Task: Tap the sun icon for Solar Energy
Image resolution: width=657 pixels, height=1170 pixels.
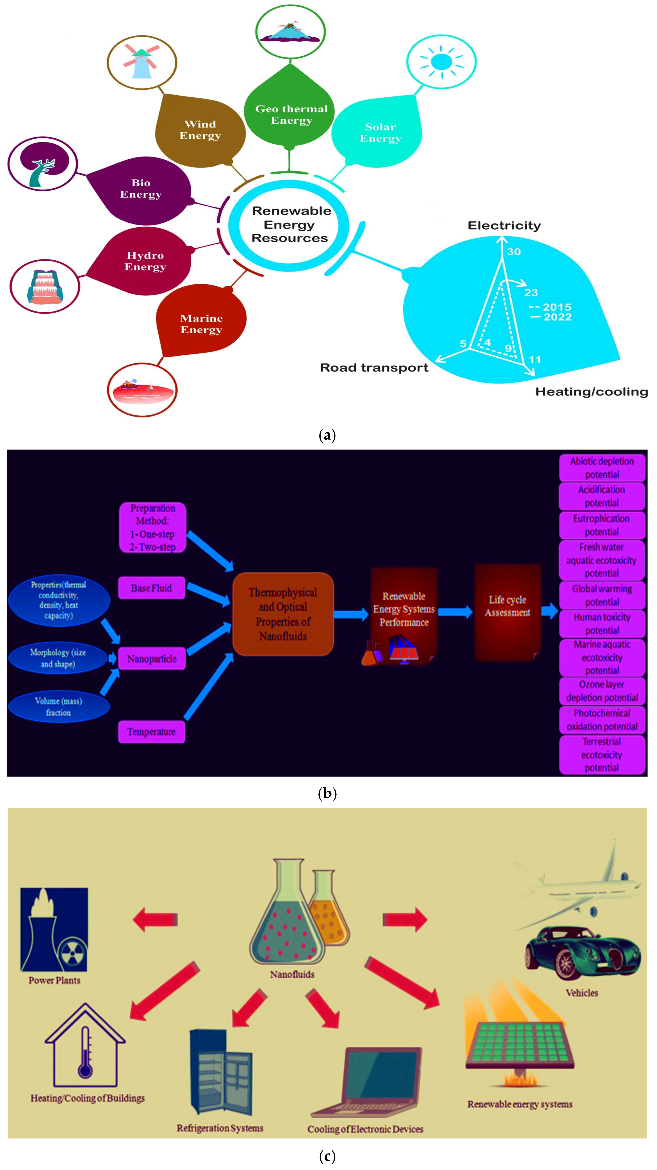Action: coord(441,61)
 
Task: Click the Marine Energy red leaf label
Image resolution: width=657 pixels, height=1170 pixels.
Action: coord(201,323)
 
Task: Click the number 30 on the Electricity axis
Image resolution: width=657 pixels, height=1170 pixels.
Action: coord(513,252)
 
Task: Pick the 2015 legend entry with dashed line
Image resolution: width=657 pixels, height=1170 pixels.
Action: coord(550,307)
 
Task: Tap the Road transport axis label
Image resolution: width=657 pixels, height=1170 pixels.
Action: coord(374,368)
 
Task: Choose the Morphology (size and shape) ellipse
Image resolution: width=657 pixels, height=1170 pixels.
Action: coord(58,658)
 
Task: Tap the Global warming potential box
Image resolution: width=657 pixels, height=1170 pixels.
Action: coord(602,595)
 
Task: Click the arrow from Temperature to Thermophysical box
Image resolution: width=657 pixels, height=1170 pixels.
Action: coord(208,687)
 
